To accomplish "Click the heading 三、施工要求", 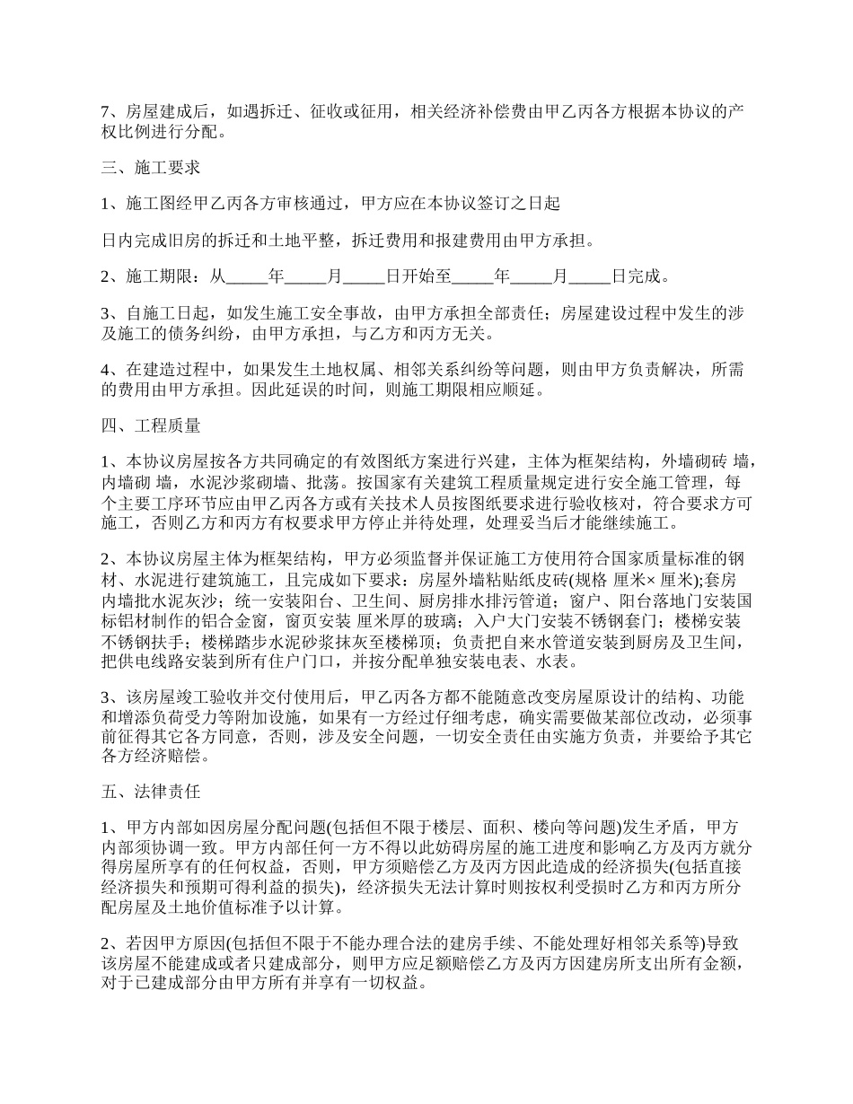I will [x=150, y=167].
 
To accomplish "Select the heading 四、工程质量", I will [x=150, y=425].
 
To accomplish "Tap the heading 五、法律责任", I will [x=150, y=792].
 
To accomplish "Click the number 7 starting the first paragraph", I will [x=104, y=111].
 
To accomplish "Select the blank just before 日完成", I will [x=589, y=276].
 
